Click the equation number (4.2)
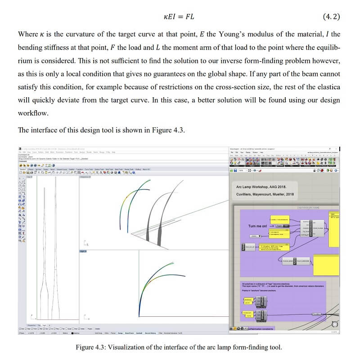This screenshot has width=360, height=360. click(332, 17)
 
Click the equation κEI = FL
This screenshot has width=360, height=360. click(180, 17)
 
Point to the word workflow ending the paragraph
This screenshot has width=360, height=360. click(32, 112)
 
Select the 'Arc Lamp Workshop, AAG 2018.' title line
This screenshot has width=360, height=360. click(261, 186)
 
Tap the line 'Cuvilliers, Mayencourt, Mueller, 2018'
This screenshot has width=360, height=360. click(265, 194)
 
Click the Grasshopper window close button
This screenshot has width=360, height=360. click(337, 148)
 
